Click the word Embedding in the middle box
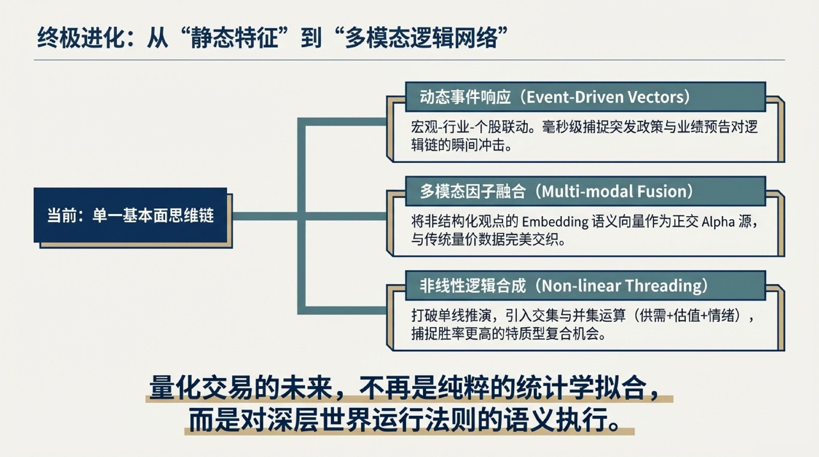pyautogui.click(x=555, y=222)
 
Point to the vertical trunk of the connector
pyautogui.click(x=301, y=216)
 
